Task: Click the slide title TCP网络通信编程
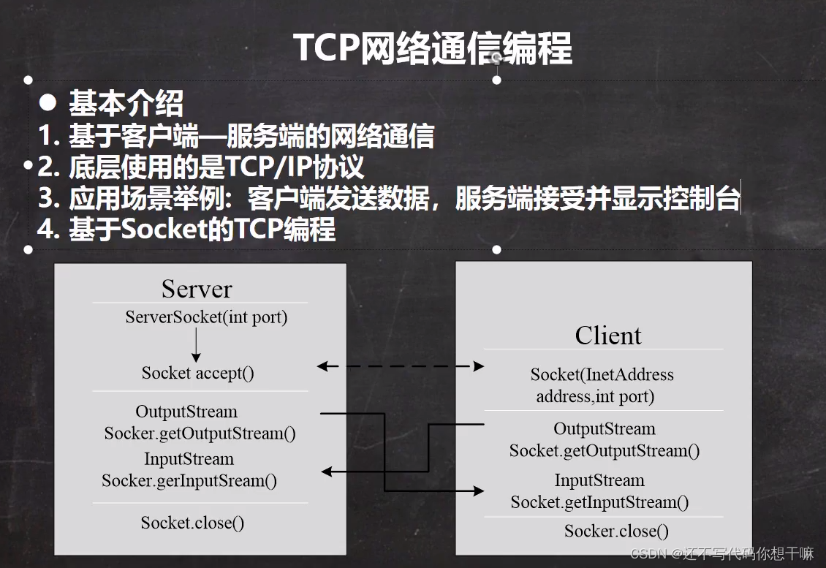click(432, 48)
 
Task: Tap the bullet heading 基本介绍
click(126, 104)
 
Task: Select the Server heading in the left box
click(197, 289)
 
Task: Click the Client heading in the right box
click(607, 336)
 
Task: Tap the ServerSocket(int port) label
click(206, 317)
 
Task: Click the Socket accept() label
click(198, 373)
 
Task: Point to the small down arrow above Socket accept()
click(196, 344)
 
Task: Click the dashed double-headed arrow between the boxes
click(401, 366)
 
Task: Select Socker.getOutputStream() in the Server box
click(200, 433)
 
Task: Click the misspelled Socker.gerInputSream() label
click(189, 480)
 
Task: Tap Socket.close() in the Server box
click(192, 523)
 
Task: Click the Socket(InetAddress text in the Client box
click(602, 375)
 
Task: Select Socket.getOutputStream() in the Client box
click(604, 450)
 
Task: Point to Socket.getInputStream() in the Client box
click(599, 502)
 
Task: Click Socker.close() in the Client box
click(615, 531)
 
